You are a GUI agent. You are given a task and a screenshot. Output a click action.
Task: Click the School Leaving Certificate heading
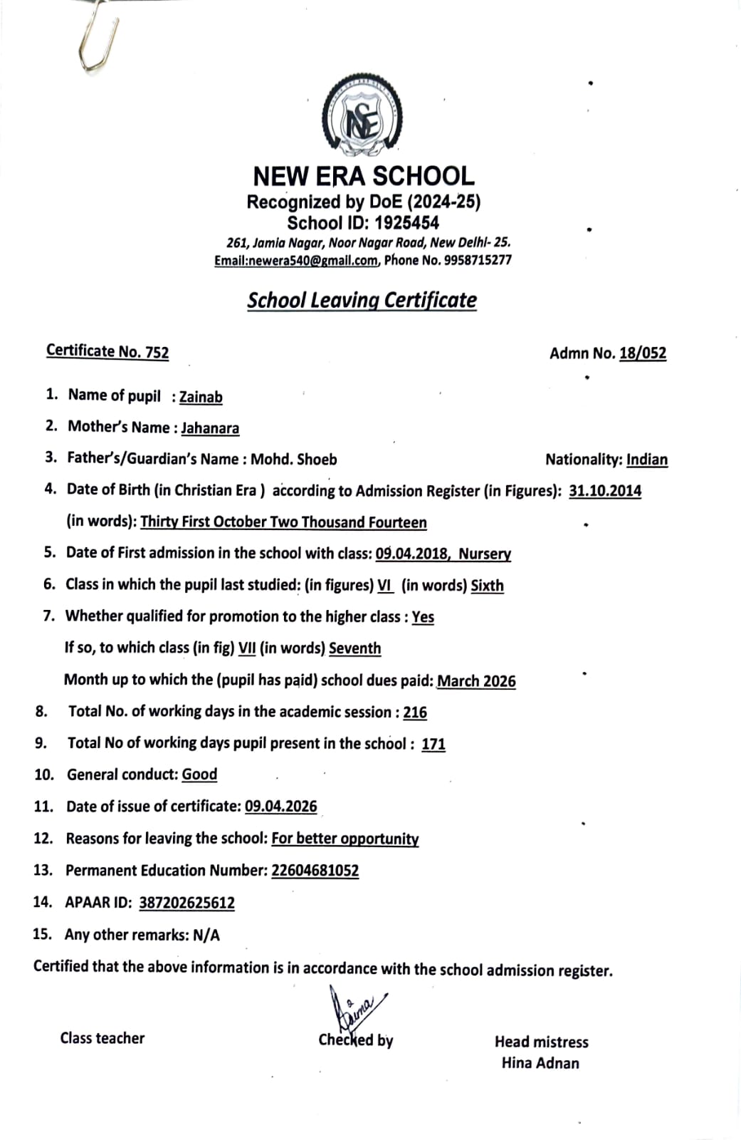coord(362,300)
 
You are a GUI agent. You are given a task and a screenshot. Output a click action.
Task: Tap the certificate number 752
coord(157,352)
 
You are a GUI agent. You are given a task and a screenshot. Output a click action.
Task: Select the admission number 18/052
coord(643,353)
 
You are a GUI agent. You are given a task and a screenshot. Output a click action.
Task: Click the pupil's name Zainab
coord(201,397)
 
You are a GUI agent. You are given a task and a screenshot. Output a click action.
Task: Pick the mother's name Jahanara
coord(210,428)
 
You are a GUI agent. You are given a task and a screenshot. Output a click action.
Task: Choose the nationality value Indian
coord(647,460)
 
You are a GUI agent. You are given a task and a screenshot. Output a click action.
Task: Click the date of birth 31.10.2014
coord(605,491)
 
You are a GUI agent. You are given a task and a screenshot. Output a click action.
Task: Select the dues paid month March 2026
coord(476,681)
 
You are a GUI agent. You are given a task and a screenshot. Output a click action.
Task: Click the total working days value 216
coord(415,712)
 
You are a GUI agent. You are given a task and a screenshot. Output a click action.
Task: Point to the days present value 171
coord(433,744)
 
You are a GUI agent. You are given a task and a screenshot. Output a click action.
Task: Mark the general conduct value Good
coord(199,774)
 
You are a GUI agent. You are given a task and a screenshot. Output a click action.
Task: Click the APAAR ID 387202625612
coord(186,903)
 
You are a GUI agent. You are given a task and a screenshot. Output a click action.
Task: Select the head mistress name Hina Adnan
coord(540,1063)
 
